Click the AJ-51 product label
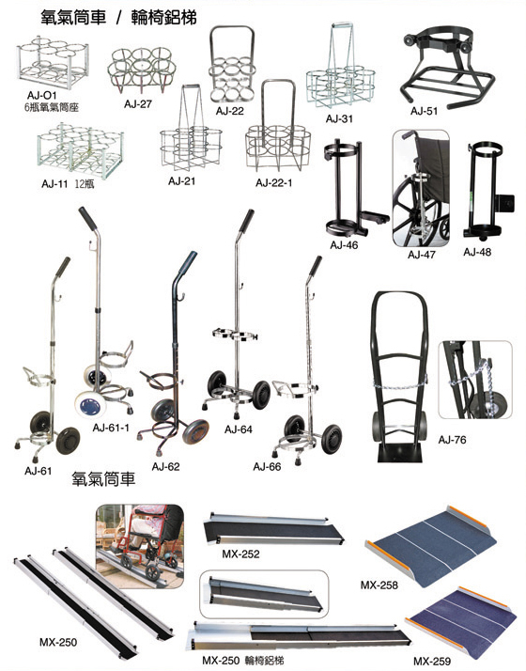424,111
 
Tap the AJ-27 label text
138,104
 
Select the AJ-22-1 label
273,183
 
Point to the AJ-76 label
452,440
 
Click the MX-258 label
379,585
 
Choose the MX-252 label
240,554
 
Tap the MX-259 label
432,662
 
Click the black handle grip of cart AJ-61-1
87,218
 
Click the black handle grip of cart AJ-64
246,221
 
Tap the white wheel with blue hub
90,405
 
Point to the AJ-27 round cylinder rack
142,70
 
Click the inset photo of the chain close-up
475,380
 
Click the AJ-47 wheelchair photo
421,188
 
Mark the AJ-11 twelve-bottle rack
81,149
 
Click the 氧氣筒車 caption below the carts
103,478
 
